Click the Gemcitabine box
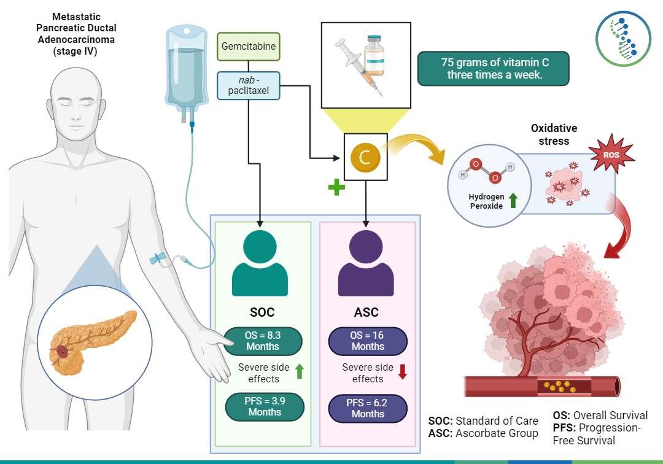coord(249,46)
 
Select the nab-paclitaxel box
coord(249,86)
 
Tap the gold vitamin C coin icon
coord(365,158)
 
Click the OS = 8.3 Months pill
coord(263,340)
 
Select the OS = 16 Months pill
coord(367,341)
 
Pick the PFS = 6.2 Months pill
coord(367,408)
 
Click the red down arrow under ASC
coord(403,372)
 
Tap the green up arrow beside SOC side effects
coord(300,372)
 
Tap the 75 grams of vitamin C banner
coord(493,69)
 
